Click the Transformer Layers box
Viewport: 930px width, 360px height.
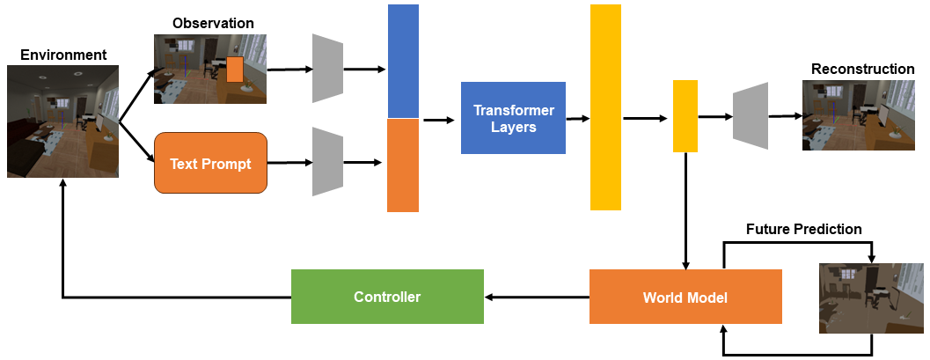tap(512, 117)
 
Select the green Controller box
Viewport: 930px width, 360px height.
tap(387, 297)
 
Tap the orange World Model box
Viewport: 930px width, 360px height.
tap(685, 298)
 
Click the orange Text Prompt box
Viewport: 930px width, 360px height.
tap(210, 163)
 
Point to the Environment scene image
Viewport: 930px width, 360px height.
tap(62, 121)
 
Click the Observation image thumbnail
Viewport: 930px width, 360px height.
tap(210, 70)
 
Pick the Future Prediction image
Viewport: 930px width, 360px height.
tap(872, 298)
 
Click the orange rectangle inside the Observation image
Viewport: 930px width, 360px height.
tap(234, 69)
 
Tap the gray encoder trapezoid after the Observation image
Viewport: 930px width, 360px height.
tap(327, 69)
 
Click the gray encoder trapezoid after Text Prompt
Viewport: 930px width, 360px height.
tap(327, 162)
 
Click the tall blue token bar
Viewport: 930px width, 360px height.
tap(403, 61)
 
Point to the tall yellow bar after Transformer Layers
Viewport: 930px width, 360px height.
tap(605, 107)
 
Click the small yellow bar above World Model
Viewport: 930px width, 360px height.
tap(685, 116)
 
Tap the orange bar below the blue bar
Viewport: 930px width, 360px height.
tap(403, 165)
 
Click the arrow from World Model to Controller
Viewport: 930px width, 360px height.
tap(537, 298)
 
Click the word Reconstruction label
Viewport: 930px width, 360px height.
tap(862, 69)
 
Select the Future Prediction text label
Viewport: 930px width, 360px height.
tap(803, 229)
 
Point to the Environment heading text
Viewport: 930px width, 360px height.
tap(63, 55)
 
